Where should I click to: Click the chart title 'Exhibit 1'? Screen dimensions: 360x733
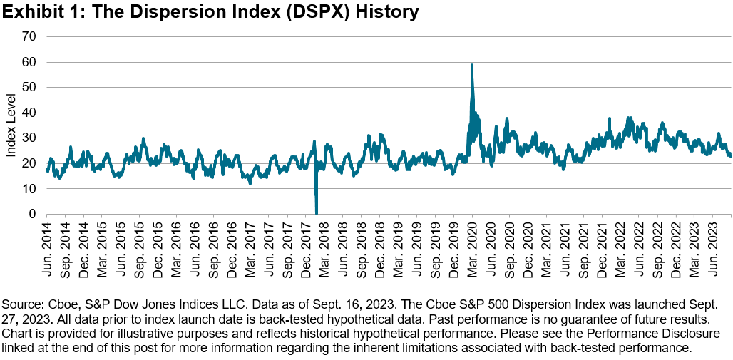point(43,12)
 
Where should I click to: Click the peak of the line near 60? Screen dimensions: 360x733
point(472,65)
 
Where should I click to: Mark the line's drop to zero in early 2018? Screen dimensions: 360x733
point(317,212)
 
